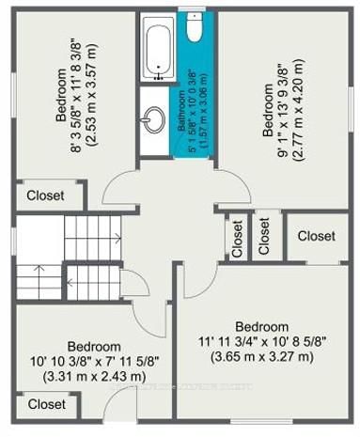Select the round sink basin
pos(155,118)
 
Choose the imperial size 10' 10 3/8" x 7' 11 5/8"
pos(94,360)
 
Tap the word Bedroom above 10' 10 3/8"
pos(94,345)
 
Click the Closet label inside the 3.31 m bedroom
pos(46,404)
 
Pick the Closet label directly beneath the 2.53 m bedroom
pos(46,195)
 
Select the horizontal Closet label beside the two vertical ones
pos(315,237)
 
